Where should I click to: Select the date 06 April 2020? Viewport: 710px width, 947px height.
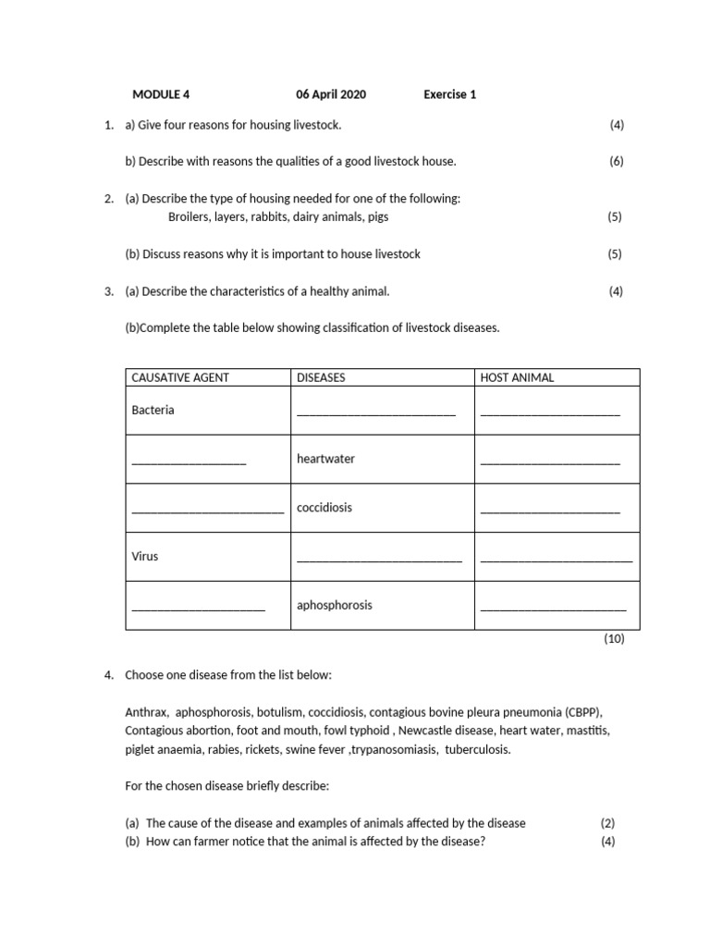click(x=331, y=94)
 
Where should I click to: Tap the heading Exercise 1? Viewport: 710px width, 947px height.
click(x=450, y=94)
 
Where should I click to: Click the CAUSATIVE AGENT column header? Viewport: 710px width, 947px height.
click(x=180, y=377)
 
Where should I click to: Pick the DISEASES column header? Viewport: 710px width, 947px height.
click(x=320, y=377)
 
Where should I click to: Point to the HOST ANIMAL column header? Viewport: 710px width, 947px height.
click(x=517, y=377)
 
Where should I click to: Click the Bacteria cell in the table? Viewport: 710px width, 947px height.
click(x=153, y=410)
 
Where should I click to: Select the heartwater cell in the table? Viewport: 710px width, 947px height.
click(x=325, y=459)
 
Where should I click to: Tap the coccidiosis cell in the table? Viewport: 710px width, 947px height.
click(x=324, y=508)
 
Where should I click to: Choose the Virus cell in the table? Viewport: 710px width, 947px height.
click(x=145, y=557)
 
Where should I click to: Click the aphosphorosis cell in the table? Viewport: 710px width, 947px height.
click(x=335, y=605)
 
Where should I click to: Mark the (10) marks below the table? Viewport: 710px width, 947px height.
click(x=614, y=638)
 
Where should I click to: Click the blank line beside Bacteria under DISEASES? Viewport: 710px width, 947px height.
click(x=376, y=413)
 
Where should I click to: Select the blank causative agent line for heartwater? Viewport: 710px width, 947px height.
click(x=189, y=461)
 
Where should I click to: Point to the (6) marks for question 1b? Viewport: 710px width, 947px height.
click(x=617, y=161)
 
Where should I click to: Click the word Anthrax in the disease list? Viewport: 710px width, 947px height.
click(x=146, y=712)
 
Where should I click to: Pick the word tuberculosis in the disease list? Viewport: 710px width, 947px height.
click(x=477, y=749)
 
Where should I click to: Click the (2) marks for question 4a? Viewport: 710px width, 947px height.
click(x=607, y=823)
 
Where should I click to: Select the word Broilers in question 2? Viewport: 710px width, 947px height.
click(x=189, y=216)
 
